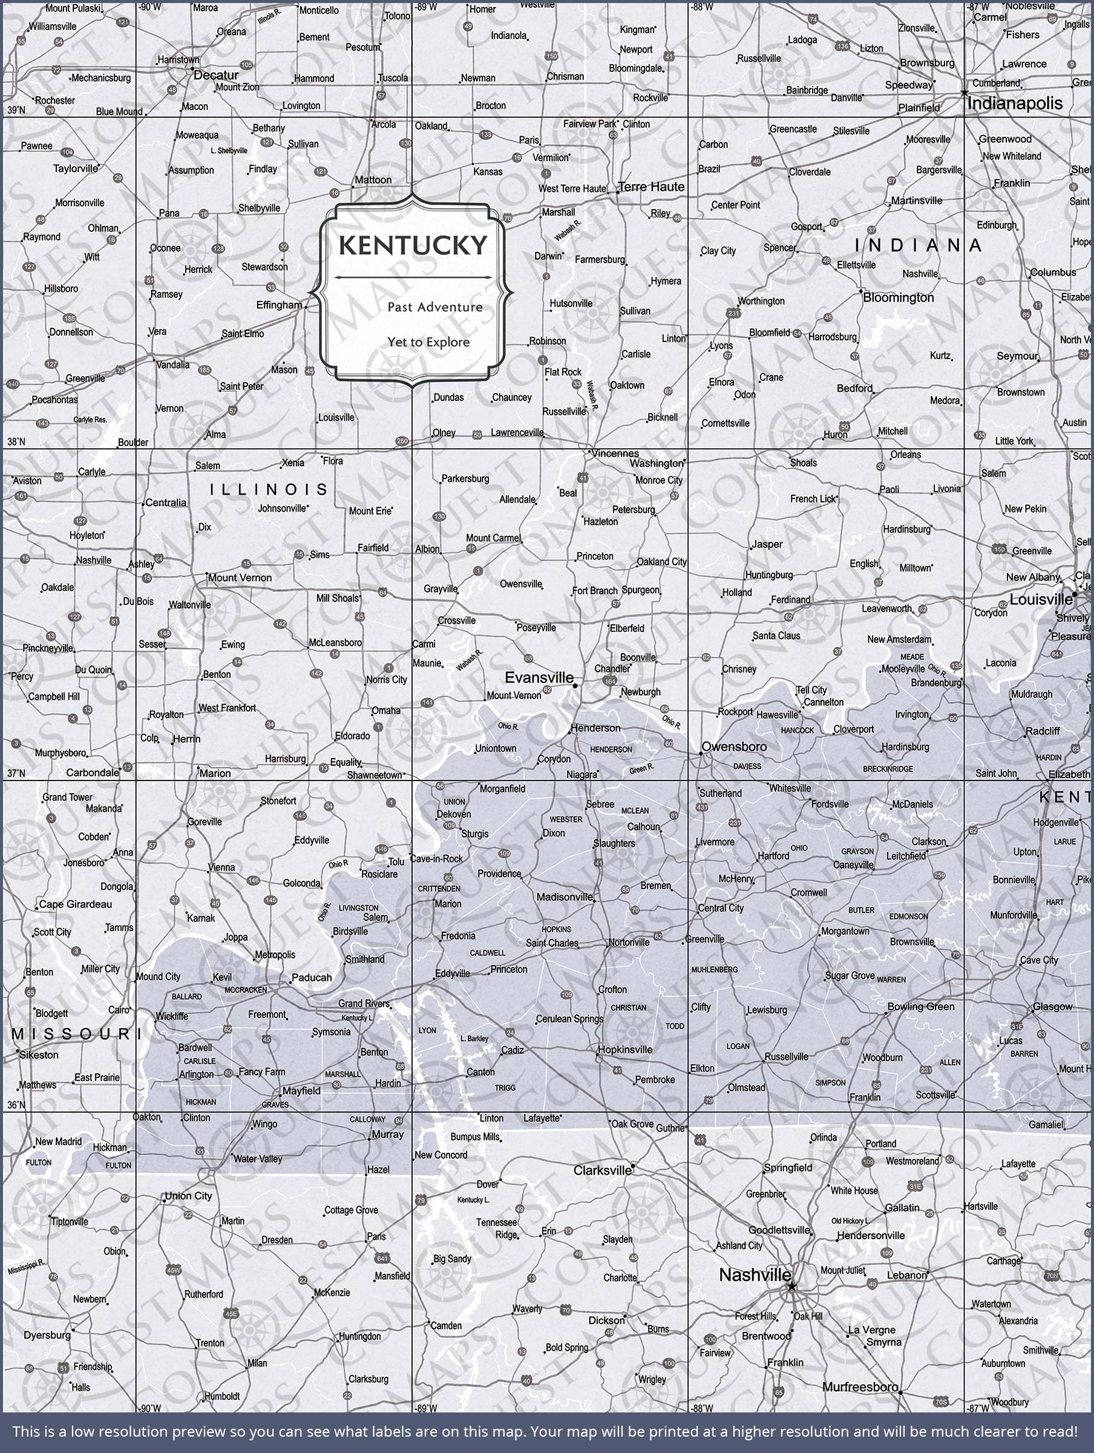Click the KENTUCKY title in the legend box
point(413,246)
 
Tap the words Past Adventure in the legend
point(434,307)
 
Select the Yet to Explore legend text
point(428,342)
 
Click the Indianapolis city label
point(1015,103)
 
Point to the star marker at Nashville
point(791,1286)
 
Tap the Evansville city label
point(539,677)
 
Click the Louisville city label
point(1040,600)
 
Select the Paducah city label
point(311,977)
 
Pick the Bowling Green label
point(920,1006)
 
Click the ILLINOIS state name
point(269,489)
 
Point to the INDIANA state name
point(918,246)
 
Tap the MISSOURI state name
point(72,1035)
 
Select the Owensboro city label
point(733,747)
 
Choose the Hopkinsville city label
point(624,1050)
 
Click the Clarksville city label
point(601,1170)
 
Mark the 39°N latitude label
point(16,110)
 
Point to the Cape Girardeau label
point(75,904)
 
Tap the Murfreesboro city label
point(860,1388)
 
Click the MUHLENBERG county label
point(714,969)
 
